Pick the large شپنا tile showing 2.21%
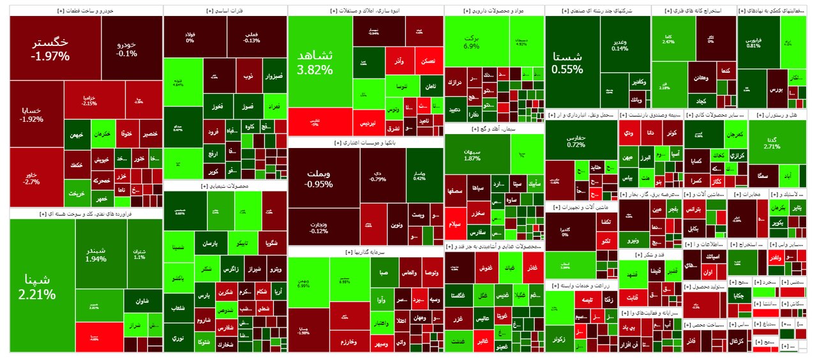coord(41,287)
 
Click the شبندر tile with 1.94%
coord(100,254)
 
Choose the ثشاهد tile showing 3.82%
coord(319,62)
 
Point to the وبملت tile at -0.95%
coord(323,178)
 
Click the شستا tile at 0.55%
coord(572,63)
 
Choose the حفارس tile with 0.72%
coord(576,140)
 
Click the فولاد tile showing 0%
coord(190,36)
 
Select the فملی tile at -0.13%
coord(251,36)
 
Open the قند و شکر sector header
coord(650,255)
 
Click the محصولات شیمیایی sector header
coord(225,186)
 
